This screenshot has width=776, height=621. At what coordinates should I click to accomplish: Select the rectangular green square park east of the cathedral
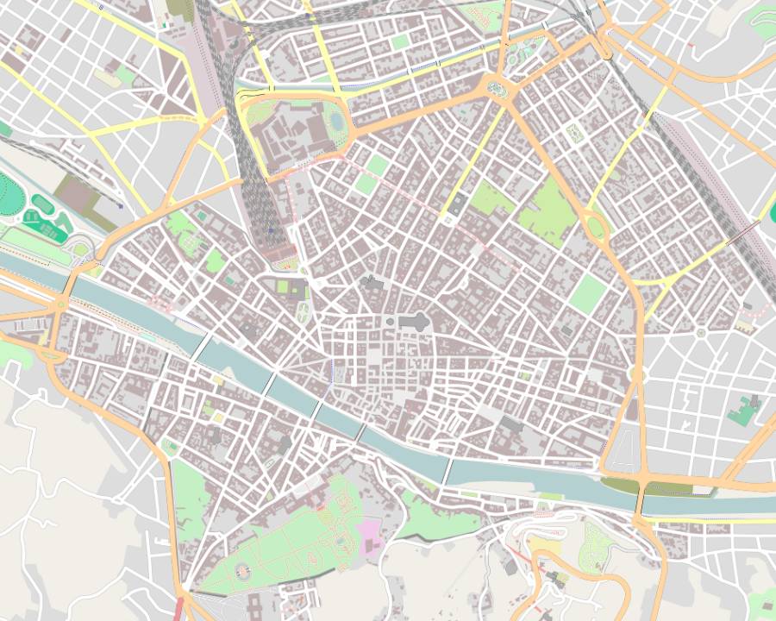588,293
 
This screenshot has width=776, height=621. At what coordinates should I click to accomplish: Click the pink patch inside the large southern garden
371,527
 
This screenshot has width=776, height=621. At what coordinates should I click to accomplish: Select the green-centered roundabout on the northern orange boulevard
497,86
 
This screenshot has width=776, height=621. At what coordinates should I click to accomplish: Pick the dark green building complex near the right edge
743,411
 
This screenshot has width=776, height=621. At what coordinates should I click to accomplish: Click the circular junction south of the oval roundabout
638,374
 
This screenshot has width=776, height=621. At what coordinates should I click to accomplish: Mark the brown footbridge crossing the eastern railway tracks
743,233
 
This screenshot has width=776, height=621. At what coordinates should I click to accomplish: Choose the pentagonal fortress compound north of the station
293,129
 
